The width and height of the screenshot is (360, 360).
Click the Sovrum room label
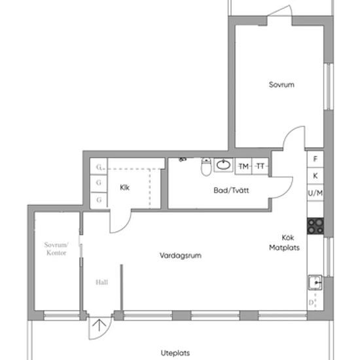281,84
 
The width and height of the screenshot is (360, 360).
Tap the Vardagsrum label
181,255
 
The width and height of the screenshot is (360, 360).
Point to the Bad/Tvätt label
231,190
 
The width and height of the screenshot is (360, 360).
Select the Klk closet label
124,188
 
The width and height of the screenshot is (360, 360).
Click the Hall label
101,282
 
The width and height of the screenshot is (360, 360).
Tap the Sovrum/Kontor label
56,249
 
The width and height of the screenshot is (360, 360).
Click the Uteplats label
175,353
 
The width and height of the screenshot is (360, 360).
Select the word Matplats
284,247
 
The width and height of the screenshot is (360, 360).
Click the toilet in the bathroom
206,166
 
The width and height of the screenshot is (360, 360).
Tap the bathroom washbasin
223,164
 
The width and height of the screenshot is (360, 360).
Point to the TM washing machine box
243,166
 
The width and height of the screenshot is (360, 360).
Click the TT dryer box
260,166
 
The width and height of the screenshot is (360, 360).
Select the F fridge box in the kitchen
315,159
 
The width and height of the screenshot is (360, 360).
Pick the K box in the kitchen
315,175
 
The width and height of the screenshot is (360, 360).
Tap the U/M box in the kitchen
315,192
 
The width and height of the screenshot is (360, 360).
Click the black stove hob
315,226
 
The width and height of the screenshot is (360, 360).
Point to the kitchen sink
315,282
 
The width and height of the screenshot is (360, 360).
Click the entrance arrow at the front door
99,325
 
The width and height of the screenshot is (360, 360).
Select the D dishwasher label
311,302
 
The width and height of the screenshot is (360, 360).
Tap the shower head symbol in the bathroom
183,159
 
